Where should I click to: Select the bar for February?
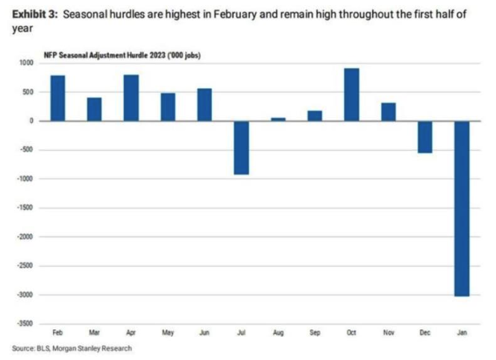point(57,98)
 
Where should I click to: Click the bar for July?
point(241,147)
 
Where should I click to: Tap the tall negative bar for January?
point(461,208)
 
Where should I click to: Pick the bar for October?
point(351,94)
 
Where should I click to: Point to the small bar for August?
point(277,119)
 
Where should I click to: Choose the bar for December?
point(424,136)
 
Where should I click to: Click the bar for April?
point(131,98)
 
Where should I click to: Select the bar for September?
point(315,116)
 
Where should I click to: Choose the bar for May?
point(168,107)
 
